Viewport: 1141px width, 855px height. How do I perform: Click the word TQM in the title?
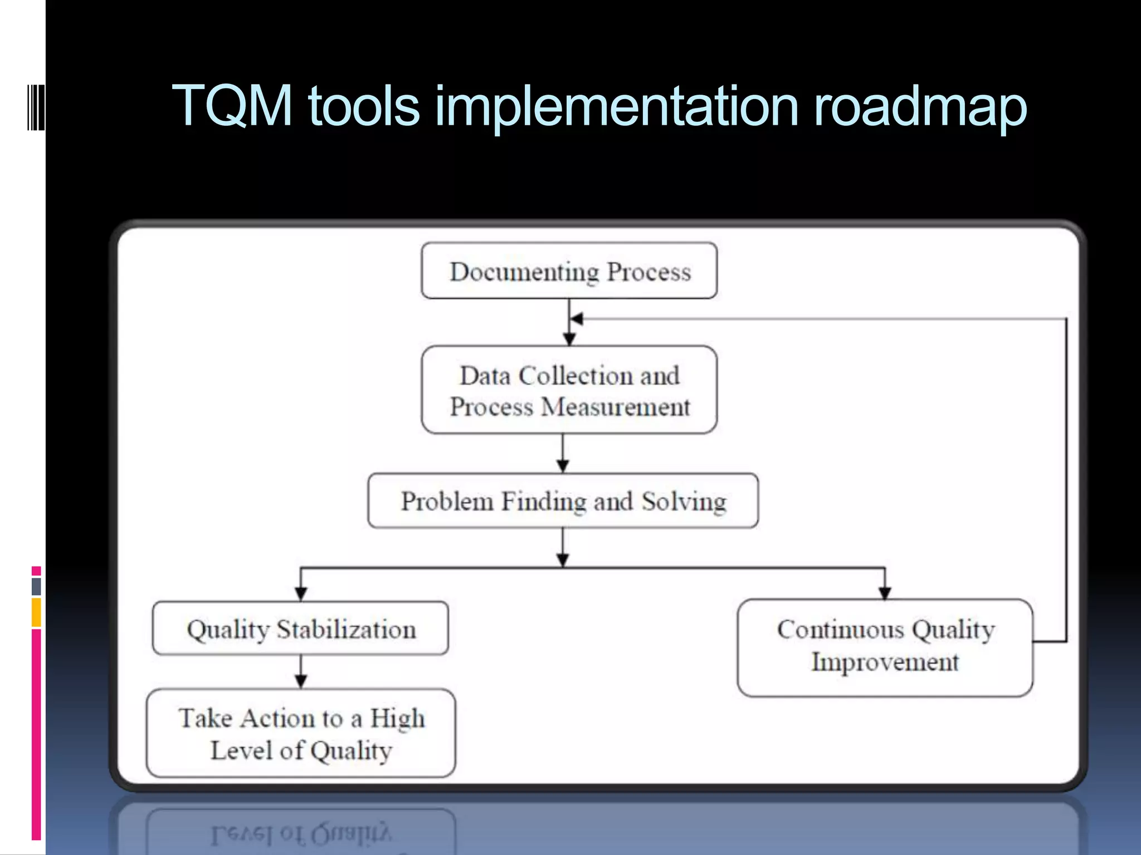click(x=232, y=106)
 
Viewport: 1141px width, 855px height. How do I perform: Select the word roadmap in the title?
click(x=920, y=107)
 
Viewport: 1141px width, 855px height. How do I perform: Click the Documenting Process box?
click(x=569, y=271)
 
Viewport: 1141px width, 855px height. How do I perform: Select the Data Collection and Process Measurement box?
click(x=569, y=390)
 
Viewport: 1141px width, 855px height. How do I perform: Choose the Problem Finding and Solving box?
click(x=563, y=501)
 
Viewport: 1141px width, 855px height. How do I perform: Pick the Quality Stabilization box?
click(x=300, y=628)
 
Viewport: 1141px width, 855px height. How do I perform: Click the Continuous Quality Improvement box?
click(x=885, y=647)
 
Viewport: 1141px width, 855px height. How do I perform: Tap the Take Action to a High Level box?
click(x=301, y=733)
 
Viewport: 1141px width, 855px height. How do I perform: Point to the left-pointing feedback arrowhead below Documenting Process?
click(x=577, y=319)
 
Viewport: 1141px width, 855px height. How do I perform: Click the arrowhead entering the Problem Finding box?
click(x=563, y=466)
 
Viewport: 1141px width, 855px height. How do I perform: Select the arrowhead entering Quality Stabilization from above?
click(x=301, y=594)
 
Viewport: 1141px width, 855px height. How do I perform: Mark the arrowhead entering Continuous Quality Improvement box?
click(x=885, y=593)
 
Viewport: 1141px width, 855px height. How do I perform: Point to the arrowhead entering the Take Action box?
click(x=301, y=681)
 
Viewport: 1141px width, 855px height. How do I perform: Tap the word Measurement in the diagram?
click(x=616, y=407)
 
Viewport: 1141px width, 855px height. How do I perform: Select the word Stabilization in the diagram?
click(x=346, y=630)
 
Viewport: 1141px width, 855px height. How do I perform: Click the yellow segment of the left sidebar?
click(x=36, y=612)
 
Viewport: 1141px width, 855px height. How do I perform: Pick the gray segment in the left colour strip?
click(x=36, y=586)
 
